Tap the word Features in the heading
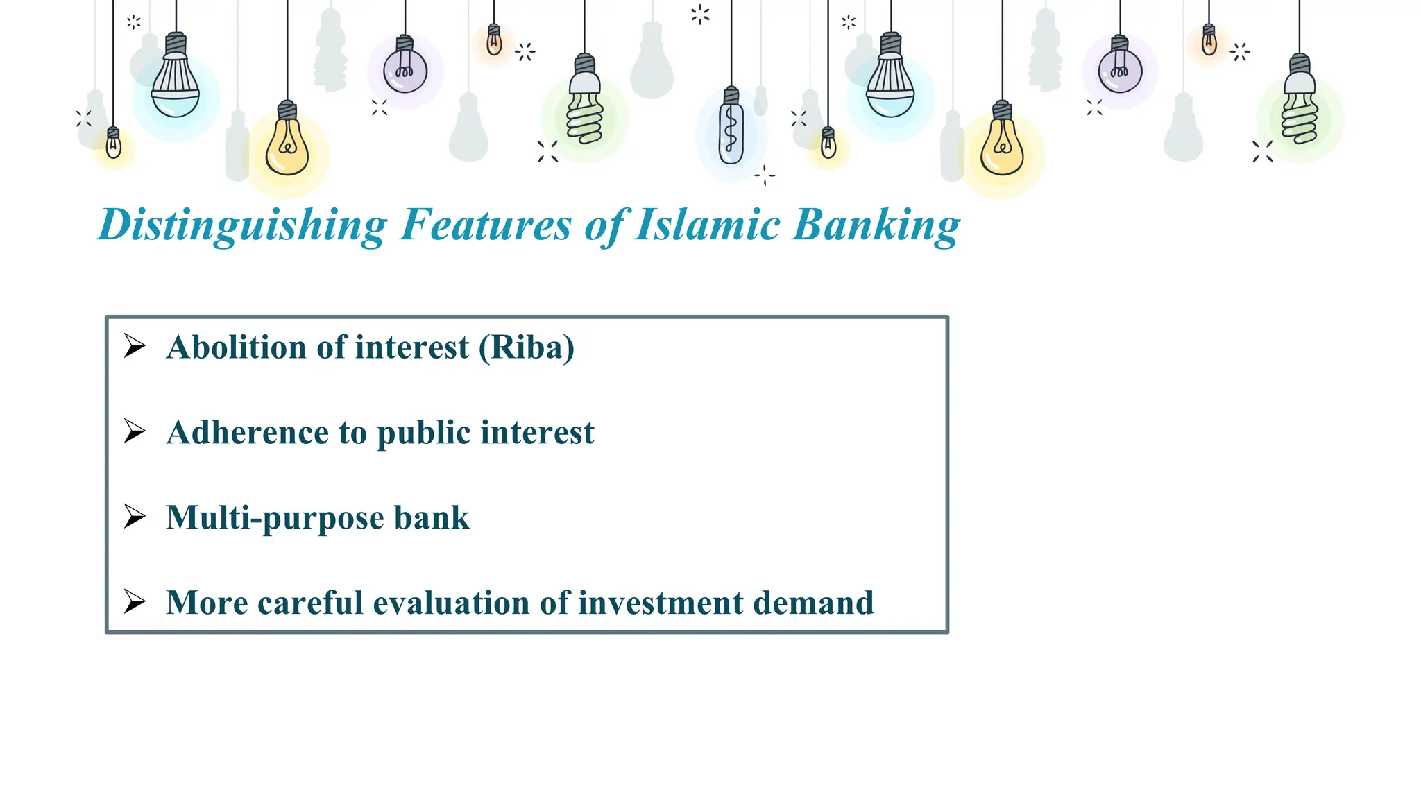click(486, 225)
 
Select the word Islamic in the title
click(708, 225)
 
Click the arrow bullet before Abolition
click(135, 345)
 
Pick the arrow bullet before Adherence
click(135, 431)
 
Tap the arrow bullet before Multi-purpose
click(135, 516)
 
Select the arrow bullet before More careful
click(135, 601)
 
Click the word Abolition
click(236, 347)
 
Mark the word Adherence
click(246, 432)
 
